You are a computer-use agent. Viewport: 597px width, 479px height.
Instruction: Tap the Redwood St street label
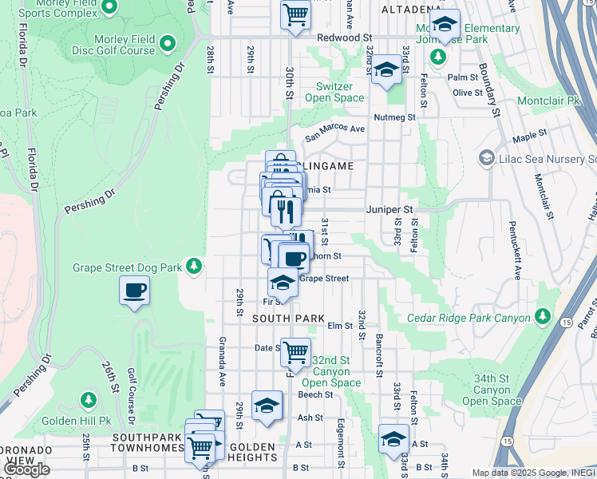[x=344, y=38]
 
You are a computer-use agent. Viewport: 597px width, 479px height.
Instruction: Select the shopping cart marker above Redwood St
[x=295, y=14]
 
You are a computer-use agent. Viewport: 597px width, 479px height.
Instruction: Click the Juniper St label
[x=389, y=209]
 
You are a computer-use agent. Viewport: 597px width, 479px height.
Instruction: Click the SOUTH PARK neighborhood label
[x=289, y=318]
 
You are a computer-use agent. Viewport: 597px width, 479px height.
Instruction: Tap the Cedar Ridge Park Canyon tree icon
[x=543, y=317]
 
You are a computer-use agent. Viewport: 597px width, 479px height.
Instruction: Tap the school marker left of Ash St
[x=267, y=406]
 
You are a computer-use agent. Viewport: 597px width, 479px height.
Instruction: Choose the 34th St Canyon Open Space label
[x=492, y=390]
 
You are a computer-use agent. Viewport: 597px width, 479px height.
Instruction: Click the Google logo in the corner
[x=26, y=469]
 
